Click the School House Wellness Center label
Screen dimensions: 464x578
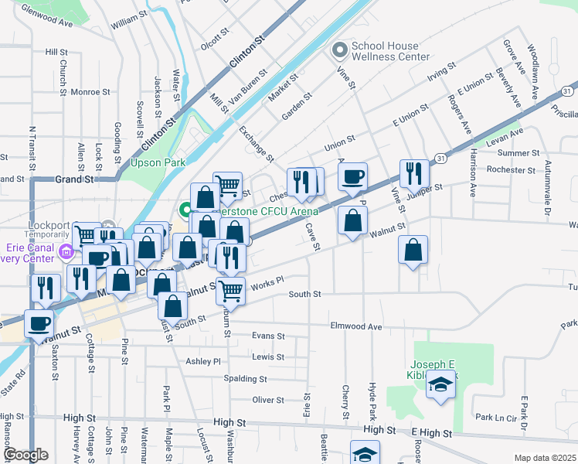390,51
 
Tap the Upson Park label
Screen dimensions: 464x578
152,163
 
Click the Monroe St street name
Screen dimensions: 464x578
85,92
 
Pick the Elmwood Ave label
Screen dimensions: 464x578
356,327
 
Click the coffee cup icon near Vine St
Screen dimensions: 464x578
352,177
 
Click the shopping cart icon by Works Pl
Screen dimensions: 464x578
230,291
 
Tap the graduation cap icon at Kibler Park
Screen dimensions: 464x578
440,384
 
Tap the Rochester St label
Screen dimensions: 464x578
506,170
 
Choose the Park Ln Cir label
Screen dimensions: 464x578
495,418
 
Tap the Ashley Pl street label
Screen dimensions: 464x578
203,361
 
